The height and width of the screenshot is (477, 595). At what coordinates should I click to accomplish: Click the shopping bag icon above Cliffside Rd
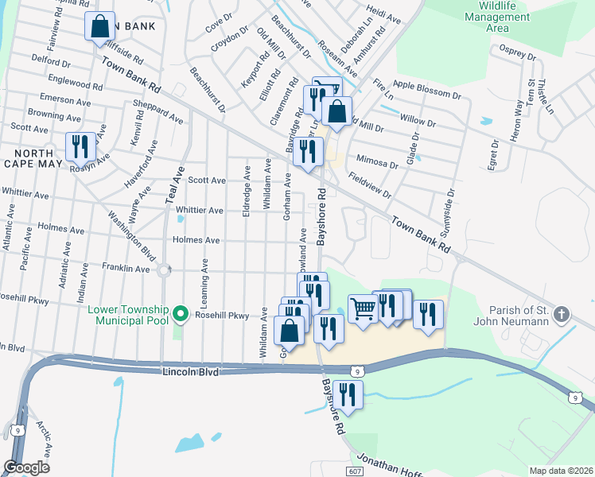click(x=100, y=26)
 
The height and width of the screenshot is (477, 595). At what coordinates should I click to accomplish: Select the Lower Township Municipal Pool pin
click(x=181, y=315)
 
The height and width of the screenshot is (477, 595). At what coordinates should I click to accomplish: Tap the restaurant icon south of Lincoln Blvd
click(x=348, y=394)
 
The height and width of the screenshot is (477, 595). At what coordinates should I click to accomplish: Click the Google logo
click(x=26, y=467)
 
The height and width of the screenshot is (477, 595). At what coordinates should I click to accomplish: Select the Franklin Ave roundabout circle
click(x=165, y=270)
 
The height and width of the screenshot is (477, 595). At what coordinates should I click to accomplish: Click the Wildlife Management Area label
click(x=496, y=17)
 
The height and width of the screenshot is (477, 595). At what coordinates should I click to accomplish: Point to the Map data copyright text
click(x=560, y=471)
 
